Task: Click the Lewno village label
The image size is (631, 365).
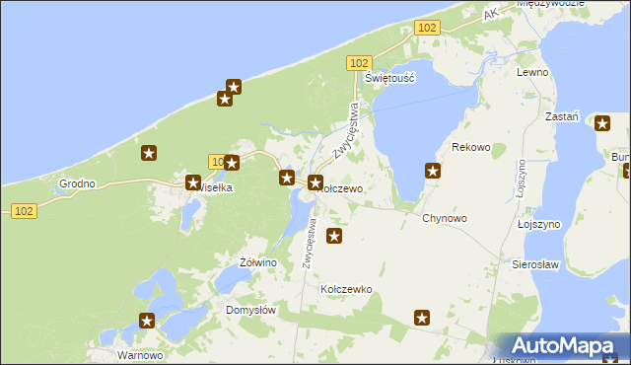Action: tap(532, 73)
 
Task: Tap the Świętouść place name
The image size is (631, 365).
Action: tap(387, 77)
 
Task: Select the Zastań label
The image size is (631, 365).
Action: tap(562, 115)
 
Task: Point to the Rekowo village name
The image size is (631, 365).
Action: tap(470, 147)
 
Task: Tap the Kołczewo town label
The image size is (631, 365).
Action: tap(344, 187)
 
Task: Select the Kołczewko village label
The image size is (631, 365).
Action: tap(346, 289)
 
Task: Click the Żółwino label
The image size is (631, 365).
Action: tap(258, 262)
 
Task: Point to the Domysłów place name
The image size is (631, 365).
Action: tap(250, 309)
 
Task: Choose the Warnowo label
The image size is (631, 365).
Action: tap(139, 354)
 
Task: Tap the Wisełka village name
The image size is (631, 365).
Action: tap(215, 187)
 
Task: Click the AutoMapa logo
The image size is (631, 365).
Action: tap(559, 346)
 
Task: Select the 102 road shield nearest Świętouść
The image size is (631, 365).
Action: tap(359, 62)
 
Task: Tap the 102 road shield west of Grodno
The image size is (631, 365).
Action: tap(25, 210)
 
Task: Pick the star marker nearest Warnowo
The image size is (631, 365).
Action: tap(147, 321)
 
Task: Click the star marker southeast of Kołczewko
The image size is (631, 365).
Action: tap(422, 318)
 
